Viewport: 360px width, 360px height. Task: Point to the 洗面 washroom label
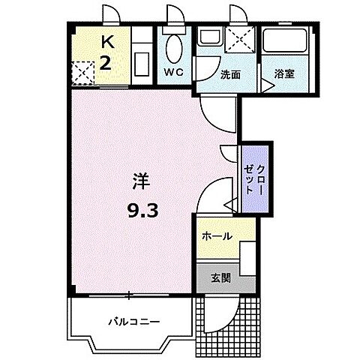(x=230, y=75)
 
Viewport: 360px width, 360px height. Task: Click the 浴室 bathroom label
(x=284, y=75)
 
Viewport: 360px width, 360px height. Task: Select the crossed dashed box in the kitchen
(x=82, y=72)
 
